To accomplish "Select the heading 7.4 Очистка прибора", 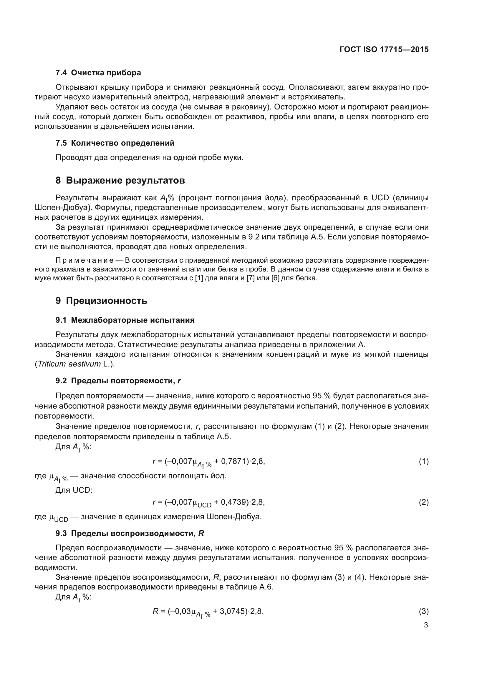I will (98, 73).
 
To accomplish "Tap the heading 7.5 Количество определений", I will (115, 143).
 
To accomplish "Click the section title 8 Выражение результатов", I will (120, 180).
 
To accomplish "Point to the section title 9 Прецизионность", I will (101, 301).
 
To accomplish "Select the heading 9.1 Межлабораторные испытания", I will (125, 320).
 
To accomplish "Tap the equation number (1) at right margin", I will (423, 462).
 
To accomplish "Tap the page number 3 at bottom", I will (426, 625).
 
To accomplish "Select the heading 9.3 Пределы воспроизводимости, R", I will (130, 533).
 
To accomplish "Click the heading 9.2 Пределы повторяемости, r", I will (118, 381).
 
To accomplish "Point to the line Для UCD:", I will (74, 490).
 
